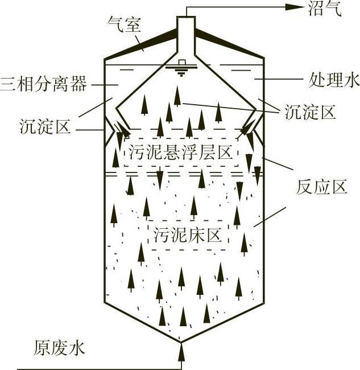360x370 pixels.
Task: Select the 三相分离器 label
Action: click(44, 85)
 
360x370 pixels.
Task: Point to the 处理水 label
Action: click(333, 81)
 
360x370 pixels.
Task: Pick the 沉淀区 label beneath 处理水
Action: click(310, 112)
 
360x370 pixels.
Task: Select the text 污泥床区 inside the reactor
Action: click(185, 235)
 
